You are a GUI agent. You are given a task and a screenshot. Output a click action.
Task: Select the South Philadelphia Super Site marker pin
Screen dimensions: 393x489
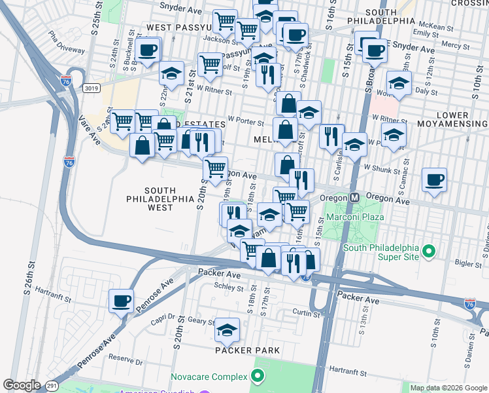pyautogui.click(x=429, y=250)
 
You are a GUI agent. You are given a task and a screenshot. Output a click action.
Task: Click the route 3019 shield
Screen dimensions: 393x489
pyautogui.click(x=91, y=87)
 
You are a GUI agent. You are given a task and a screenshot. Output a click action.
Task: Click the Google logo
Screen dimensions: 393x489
pyautogui.click(x=22, y=385)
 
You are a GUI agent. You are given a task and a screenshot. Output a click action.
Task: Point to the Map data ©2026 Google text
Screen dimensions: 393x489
pyautogui.click(x=448, y=388)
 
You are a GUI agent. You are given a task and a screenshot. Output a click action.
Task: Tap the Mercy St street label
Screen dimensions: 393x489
pyautogui.click(x=451, y=45)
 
